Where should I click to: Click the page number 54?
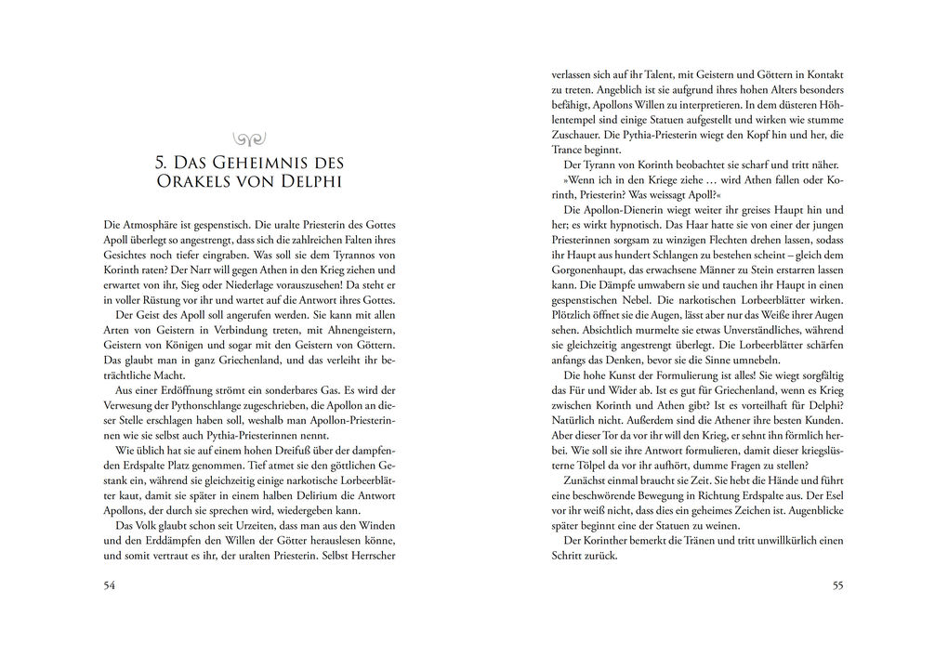click(110, 585)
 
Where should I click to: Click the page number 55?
click(837, 585)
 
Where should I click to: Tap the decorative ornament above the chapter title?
click(249, 138)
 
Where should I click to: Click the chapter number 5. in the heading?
click(164, 163)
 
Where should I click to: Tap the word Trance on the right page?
click(569, 149)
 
